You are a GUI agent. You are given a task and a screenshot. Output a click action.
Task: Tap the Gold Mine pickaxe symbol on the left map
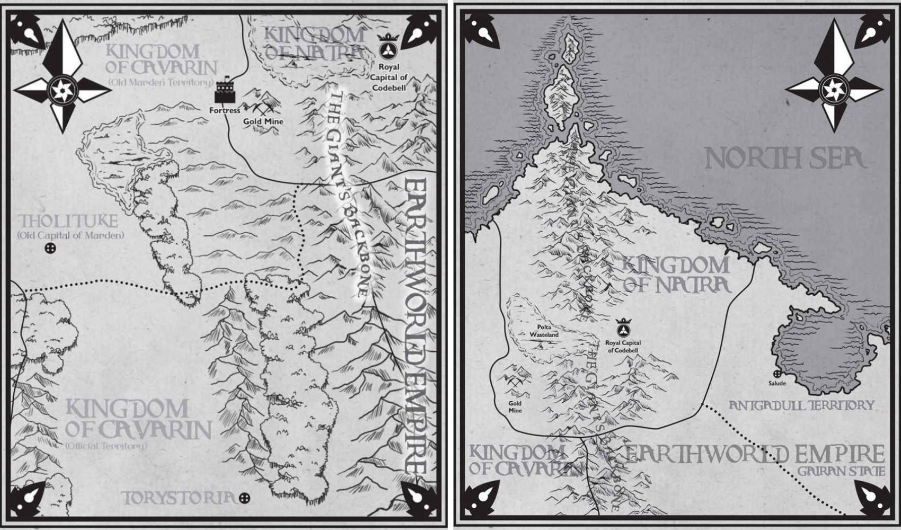(x=263, y=108)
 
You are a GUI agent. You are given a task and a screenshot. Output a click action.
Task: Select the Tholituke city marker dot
(x=50, y=249)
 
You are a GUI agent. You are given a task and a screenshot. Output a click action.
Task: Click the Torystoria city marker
(x=244, y=498)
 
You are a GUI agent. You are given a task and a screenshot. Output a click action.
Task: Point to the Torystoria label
(x=178, y=498)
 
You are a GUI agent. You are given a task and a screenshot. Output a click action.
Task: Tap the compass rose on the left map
(x=62, y=90)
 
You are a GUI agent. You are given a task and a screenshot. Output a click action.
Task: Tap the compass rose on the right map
(x=834, y=89)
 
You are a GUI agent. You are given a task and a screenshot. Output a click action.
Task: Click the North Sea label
(x=784, y=159)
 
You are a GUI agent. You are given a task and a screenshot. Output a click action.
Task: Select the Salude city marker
(x=777, y=375)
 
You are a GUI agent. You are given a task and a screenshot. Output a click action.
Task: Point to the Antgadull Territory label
(x=801, y=405)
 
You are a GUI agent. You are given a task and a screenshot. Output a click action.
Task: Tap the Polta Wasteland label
(x=544, y=331)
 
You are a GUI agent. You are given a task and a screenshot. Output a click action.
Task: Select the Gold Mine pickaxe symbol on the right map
(x=515, y=381)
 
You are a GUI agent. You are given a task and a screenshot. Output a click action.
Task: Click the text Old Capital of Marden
(x=70, y=235)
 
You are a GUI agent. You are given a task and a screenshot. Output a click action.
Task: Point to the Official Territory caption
(x=106, y=446)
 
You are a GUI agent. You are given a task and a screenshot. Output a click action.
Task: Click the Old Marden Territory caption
(x=161, y=82)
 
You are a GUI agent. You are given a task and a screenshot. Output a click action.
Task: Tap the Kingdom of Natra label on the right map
(x=676, y=275)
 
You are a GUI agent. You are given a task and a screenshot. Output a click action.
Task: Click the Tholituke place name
(x=68, y=221)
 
